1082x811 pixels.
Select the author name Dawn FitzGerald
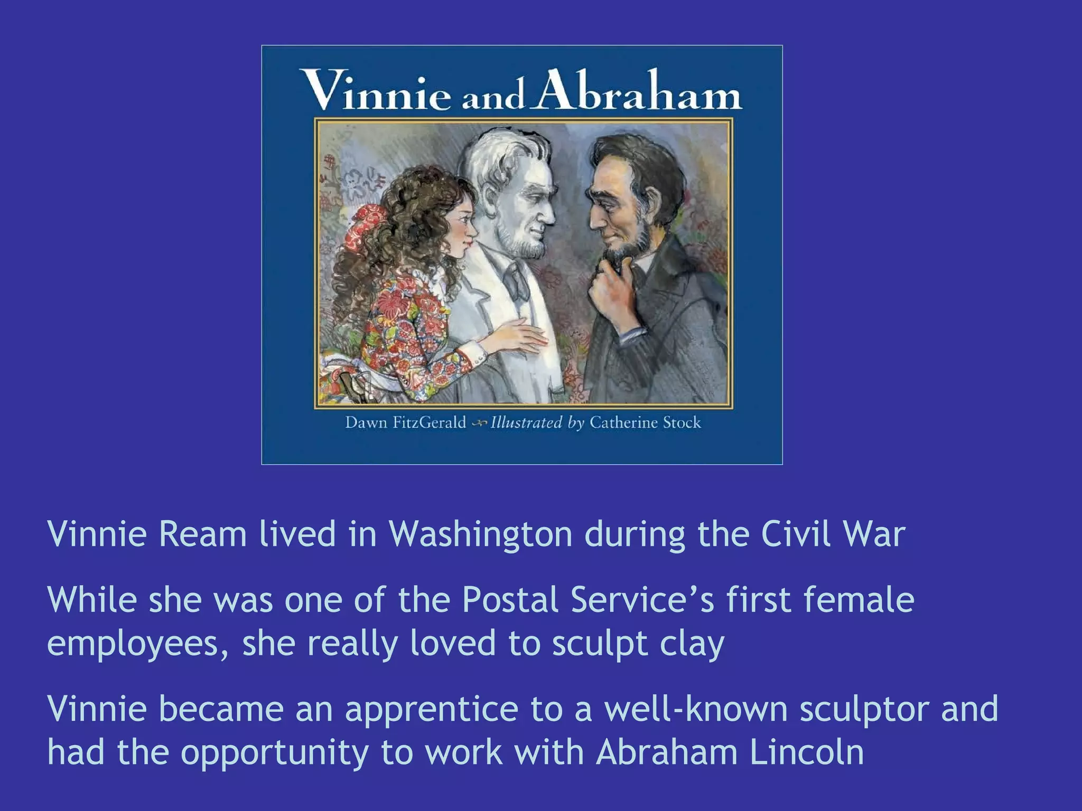click(405, 422)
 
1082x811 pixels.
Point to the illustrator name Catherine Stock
click(645, 422)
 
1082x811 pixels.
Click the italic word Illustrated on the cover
click(526, 422)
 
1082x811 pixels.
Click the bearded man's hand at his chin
click(608, 287)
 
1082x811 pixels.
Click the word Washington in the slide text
click(481, 535)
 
